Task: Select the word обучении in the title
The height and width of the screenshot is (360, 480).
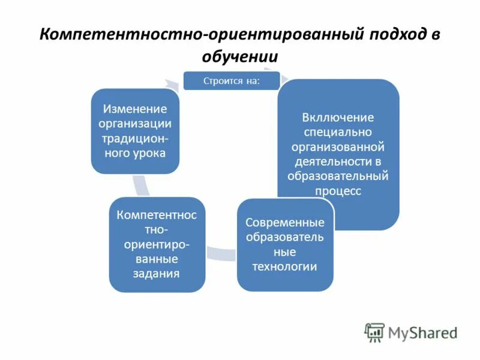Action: (239, 57)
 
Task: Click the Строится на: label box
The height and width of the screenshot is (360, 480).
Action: (232, 80)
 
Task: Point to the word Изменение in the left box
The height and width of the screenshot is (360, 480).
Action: (134, 109)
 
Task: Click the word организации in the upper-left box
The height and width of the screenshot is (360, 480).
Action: (135, 124)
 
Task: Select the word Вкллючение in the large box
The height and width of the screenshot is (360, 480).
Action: (338, 118)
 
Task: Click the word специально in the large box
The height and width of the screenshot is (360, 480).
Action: (338, 132)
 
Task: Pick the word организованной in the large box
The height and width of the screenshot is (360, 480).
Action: (338, 147)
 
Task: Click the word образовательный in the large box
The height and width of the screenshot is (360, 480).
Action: (338, 176)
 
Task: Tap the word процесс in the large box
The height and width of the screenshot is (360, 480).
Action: (338, 191)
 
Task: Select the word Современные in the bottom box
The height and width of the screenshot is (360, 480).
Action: (285, 223)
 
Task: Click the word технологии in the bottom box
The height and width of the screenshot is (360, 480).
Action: (285, 266)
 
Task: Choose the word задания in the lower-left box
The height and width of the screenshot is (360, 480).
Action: (157, 274)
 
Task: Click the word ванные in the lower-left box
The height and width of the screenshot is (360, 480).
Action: (157, 259)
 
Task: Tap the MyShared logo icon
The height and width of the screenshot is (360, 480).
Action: (375, 332)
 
